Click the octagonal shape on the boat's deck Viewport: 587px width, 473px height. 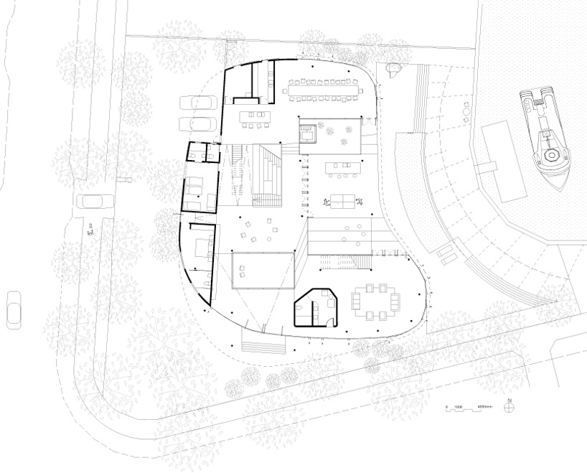(553, 154)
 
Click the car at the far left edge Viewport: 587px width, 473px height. (13, 309)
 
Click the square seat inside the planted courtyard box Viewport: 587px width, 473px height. (306, 132)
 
